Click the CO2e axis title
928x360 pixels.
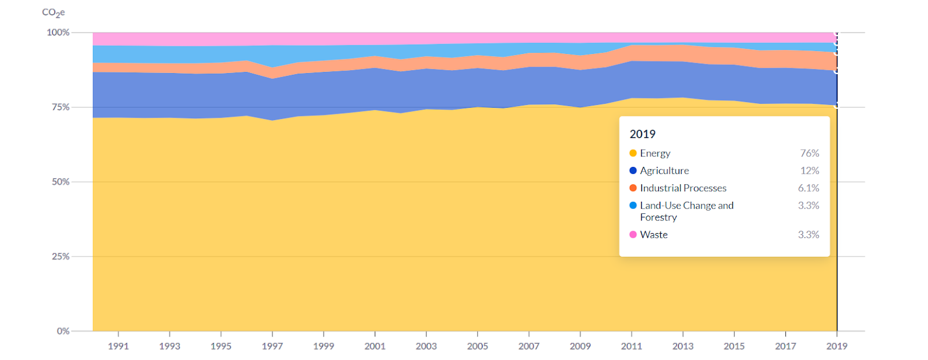(53, 13)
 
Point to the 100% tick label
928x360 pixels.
(58, 32)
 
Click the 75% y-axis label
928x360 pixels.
(60, 107)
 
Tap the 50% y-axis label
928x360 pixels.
(60, 182)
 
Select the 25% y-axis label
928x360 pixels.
(60, 256)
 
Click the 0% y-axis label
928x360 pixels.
(63, 331)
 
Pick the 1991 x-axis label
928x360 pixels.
(118, 346)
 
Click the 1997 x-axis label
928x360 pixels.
(272, 346)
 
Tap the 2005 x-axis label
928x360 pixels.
(477, 346)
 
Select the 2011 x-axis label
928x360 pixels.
(632, 346)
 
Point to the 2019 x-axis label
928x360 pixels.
(836, 346)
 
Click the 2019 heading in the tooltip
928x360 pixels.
(643, 134)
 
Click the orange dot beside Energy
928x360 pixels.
(633, 153)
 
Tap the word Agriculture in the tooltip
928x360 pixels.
(665, 170)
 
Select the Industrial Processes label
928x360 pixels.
(683, 188)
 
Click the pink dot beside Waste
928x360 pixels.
(633, 234)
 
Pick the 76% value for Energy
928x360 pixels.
(810, 153)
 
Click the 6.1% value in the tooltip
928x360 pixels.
(809, 188)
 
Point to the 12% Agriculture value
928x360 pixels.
(810, 170)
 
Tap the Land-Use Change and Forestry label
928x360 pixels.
(687, 211)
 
